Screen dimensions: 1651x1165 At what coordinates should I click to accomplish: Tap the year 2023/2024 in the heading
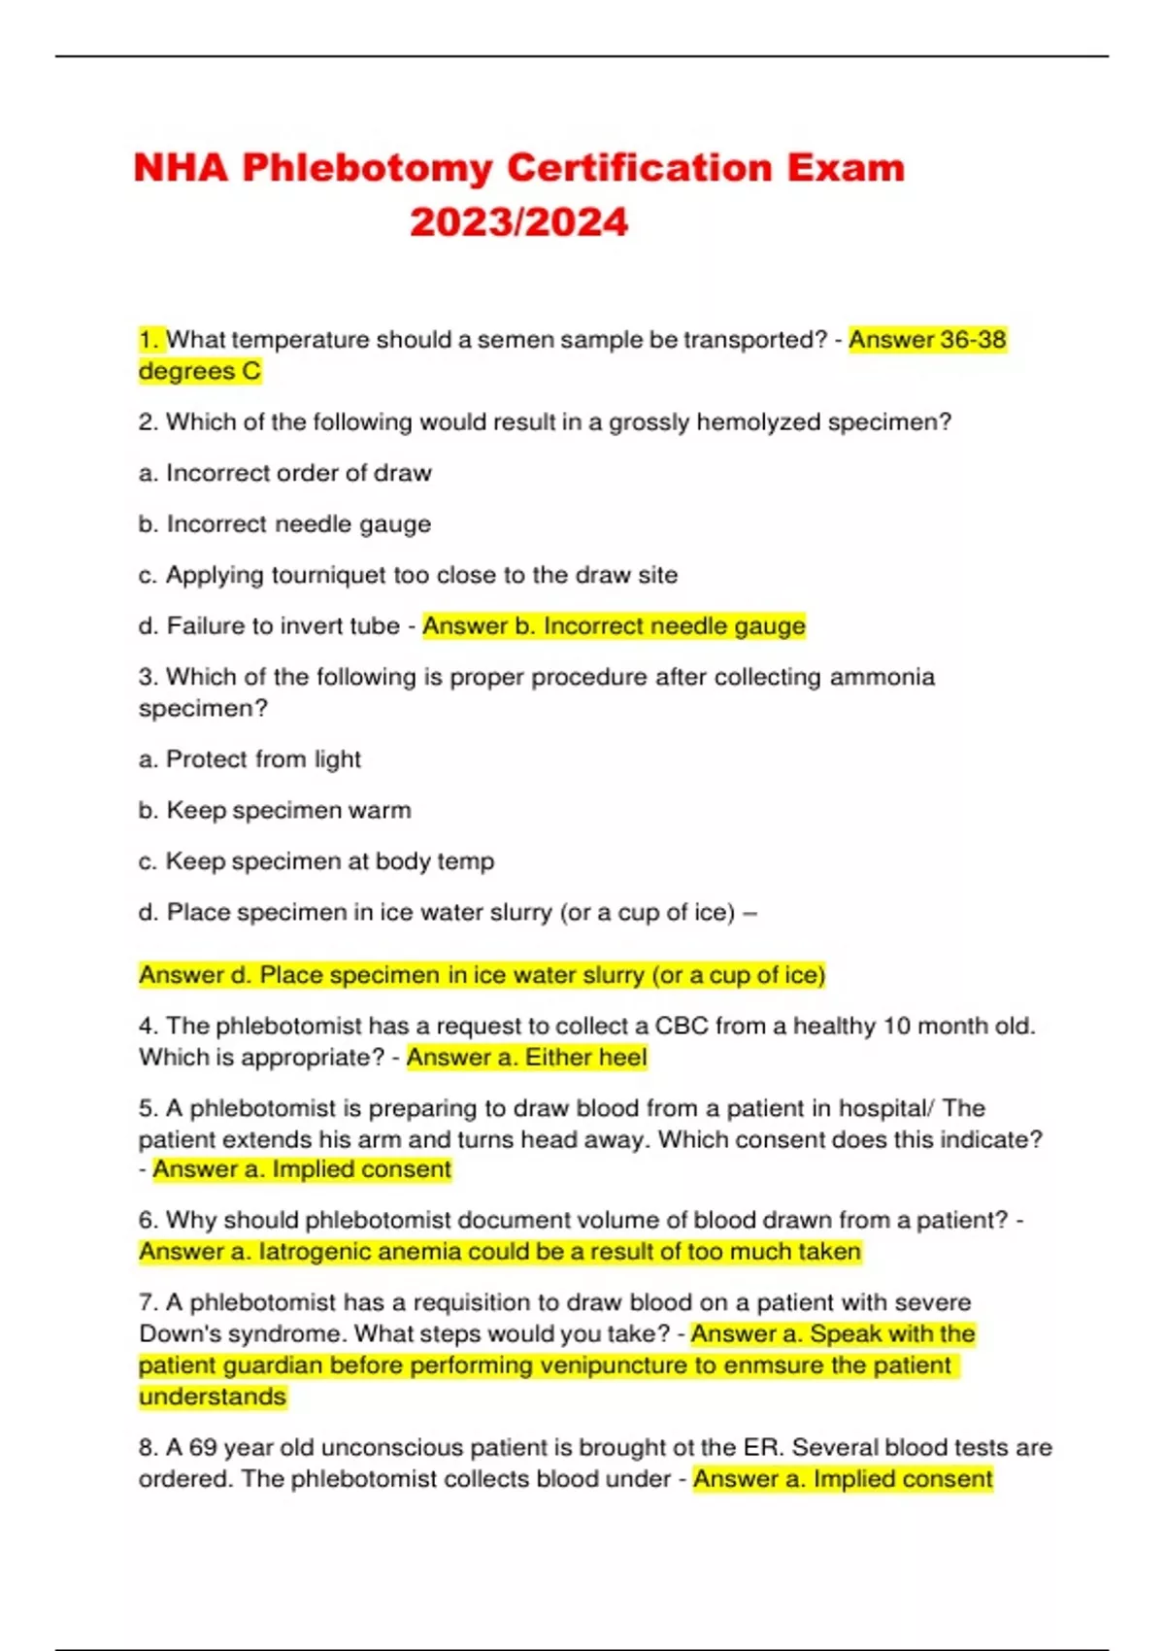pyautogui.click(x=518, y=222)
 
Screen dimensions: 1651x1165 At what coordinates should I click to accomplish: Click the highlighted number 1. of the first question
pyautogui.click(x=150, y=340)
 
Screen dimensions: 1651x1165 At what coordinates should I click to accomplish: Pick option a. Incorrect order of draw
pyautogui.click(x=284, y=473)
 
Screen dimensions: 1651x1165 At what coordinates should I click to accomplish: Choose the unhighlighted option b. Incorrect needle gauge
pyautogui.click(x=284, y=524)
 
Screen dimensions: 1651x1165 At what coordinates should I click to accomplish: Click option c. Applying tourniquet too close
pyautogui.click(x=408, y=575)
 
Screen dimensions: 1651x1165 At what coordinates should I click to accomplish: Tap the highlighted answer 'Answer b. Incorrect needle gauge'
pyautogui.click(x=614, y=626)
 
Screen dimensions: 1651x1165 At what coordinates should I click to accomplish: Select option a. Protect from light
pyautogui.click(x=250, y=759)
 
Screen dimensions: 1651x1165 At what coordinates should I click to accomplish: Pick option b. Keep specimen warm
pyautogui.click(x=275, y=810)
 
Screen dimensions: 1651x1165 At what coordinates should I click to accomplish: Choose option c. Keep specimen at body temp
pyautogui.click(x=316, y=861)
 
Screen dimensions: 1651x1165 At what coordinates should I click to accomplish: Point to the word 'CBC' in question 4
pyautogui.click(x=682, y=1027)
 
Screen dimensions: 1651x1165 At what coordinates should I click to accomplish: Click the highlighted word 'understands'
pyautogui.click(x=213, y=1397)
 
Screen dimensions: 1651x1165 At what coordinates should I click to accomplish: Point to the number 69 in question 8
pyautogui.click(x=203, y=1448)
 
